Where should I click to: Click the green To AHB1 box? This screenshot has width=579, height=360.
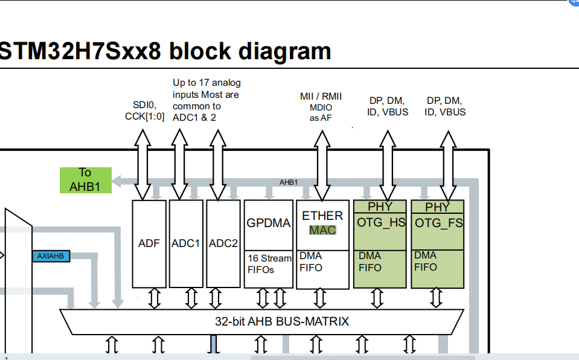point(85,180)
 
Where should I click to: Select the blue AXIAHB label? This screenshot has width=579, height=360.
point(50,256)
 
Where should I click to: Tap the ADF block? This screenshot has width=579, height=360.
point(149,243)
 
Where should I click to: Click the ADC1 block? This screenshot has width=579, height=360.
point(186,243)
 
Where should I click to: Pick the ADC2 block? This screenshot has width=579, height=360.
point(223,243)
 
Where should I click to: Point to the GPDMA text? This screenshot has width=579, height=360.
point(269,223)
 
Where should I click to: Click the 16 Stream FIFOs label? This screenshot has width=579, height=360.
point(269,264)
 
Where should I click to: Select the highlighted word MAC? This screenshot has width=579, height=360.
point(322,230)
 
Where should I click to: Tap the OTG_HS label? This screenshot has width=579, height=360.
point(381,223)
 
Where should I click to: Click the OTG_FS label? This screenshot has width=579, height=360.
point(438,223)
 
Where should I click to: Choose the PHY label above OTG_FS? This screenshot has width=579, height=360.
point(437,207)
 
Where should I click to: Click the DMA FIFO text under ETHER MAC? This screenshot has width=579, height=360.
point(311,262)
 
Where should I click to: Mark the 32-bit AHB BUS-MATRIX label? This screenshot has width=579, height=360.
point(282,321)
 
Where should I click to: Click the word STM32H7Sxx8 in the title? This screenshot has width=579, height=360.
point(80,51)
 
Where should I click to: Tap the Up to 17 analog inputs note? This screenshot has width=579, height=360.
point(206,100)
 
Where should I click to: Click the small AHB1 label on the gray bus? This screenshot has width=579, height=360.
point(288,182)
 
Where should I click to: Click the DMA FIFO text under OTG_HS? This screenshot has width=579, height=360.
point(369,262)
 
